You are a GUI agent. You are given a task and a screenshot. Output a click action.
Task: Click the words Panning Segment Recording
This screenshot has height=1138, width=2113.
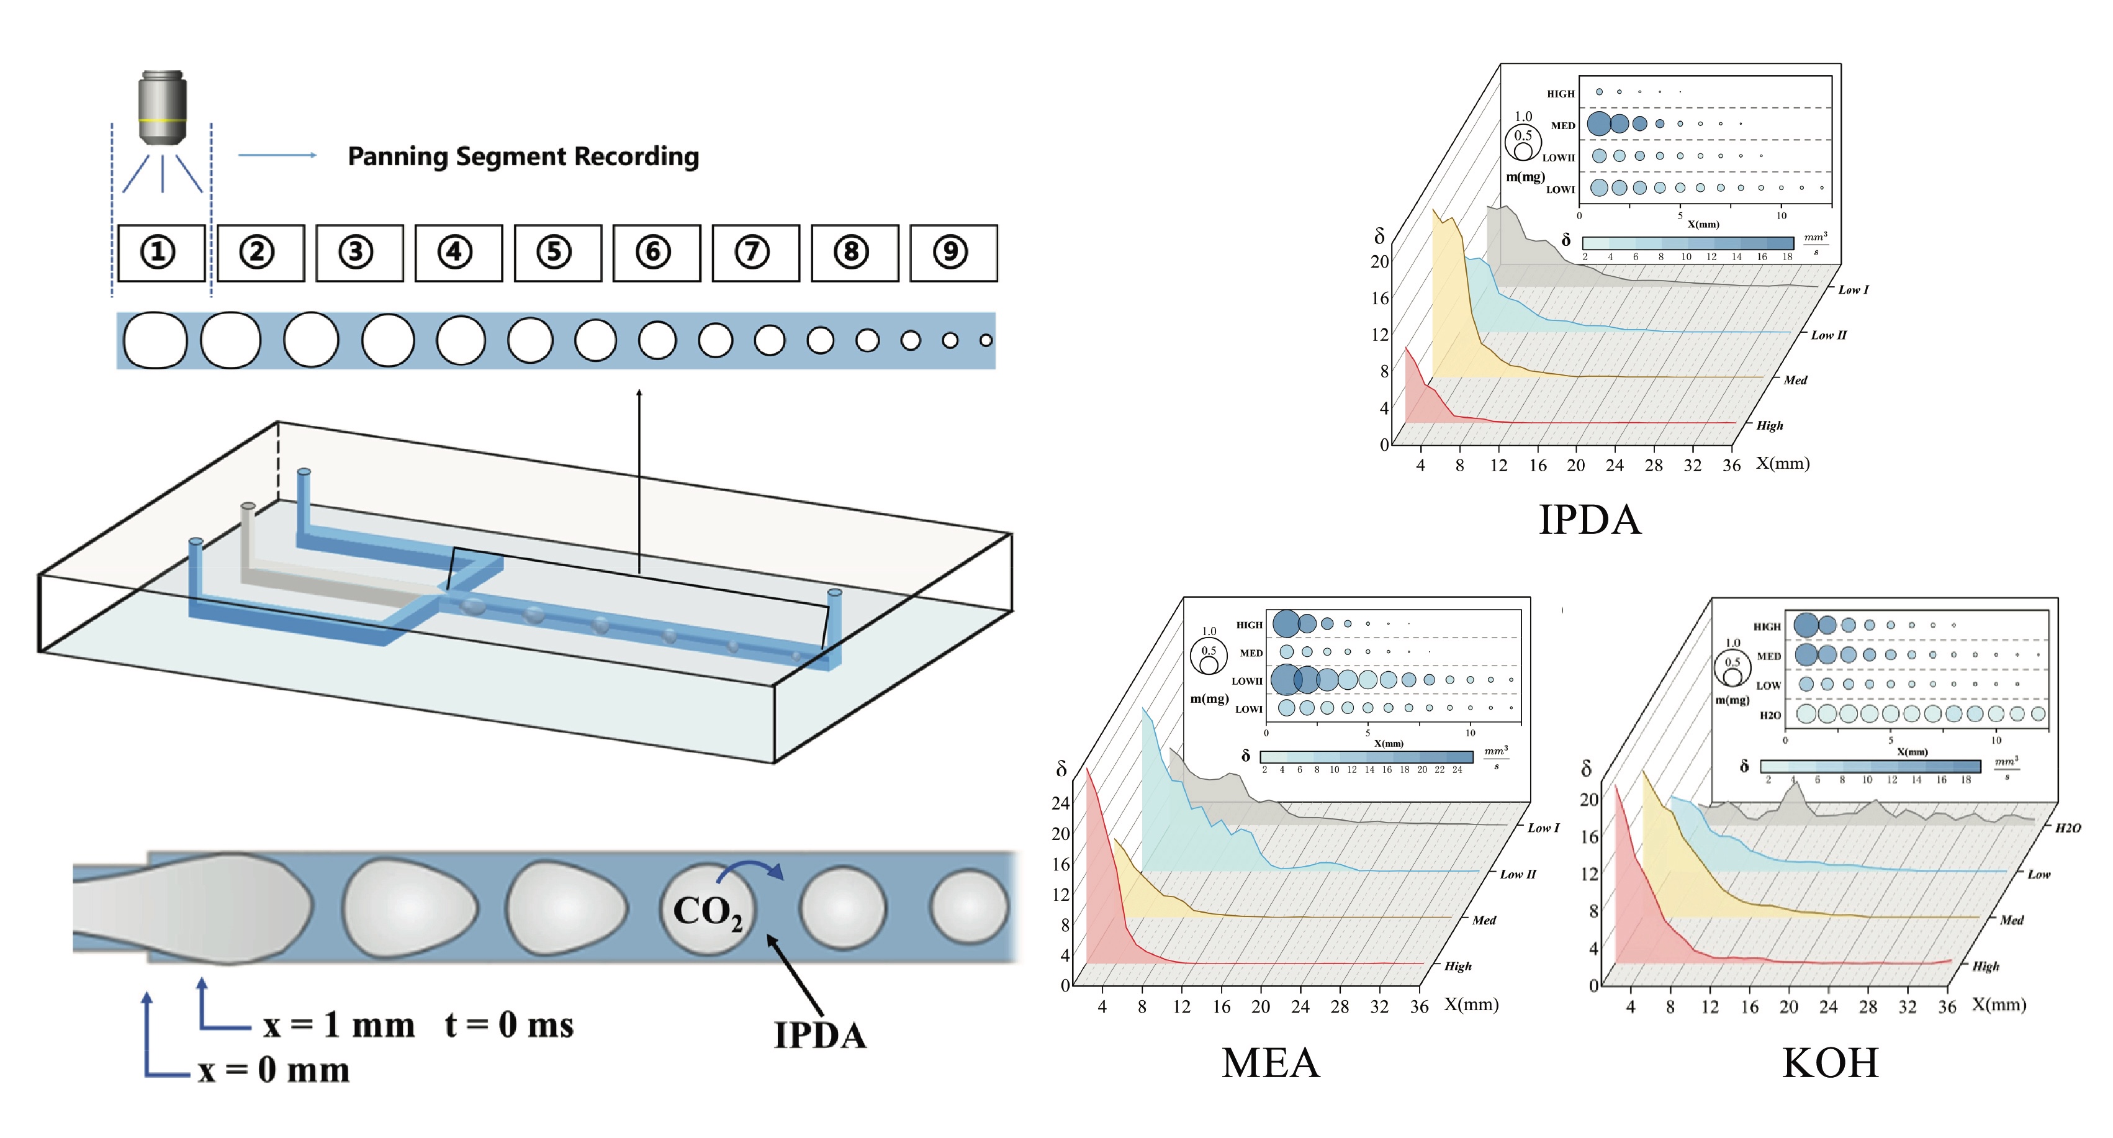(523, 156)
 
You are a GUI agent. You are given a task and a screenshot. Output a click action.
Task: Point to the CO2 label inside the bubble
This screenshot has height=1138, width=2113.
(706, 913)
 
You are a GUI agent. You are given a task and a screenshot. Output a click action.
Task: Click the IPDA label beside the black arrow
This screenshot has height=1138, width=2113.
(820, 1036)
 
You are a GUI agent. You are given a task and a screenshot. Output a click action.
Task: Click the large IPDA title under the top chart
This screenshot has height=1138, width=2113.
(1590, 520)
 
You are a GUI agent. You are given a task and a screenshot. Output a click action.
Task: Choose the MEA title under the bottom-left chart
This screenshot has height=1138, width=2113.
(1270, 1063)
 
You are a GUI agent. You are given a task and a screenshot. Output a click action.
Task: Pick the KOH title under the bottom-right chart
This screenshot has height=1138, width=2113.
(1830, 1063)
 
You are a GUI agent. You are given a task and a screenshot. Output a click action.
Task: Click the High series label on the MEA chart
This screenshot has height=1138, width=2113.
(1457, 967)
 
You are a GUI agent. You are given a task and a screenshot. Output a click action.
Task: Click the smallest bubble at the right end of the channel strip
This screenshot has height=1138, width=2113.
(986, 340)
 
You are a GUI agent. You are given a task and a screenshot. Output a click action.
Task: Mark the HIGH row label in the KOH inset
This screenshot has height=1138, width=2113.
(1767, 627)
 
